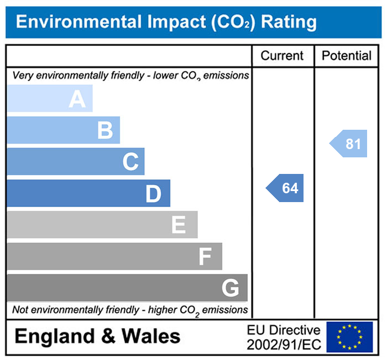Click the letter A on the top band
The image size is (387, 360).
tap(77, 99)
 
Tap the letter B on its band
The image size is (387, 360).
tap(105, 131)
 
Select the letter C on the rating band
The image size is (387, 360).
tap(130, 162)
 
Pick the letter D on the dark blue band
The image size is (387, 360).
tap(153, 194)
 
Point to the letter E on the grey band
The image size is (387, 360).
tap(179, 225)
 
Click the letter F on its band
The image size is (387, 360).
tap(205, 257)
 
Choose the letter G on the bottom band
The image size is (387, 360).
tap(230, 288)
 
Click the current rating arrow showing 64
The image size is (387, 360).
tap(286, 188)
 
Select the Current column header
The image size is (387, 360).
tap(282, 56)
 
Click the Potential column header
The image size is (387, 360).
tap(347, 56)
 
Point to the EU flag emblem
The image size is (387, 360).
tap(349, 337)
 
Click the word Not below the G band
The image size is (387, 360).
tap(20, 310)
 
